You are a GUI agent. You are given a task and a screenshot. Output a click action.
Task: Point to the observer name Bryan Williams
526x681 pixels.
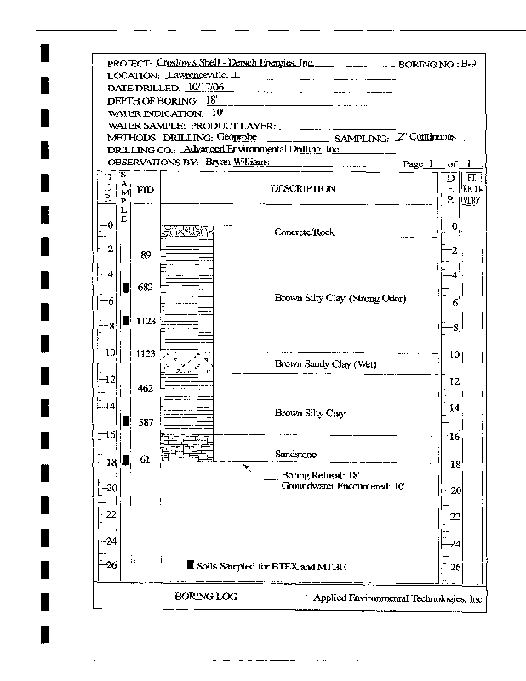237,161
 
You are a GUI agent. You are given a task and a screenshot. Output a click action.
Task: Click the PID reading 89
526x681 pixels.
146,255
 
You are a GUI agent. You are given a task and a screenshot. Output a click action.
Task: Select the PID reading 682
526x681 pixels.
145,288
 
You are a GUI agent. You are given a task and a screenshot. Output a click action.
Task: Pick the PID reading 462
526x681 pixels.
145,389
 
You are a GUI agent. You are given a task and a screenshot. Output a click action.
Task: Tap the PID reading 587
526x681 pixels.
145,422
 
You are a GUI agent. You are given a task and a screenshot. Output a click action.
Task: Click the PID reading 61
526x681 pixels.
146,461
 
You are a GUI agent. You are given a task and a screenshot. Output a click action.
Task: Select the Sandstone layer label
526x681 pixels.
295,455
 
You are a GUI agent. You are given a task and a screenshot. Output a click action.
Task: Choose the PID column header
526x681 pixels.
145,189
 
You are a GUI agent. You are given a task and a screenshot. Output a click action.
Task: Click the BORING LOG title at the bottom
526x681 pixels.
198,598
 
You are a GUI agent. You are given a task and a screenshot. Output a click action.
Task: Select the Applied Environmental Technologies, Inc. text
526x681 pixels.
398,598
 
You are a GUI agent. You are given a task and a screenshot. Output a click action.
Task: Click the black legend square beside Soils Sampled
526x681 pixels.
191,565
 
